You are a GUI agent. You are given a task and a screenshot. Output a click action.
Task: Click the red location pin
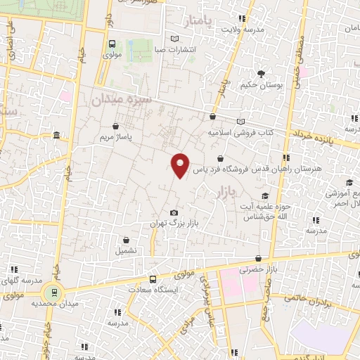click(x=181, y=164)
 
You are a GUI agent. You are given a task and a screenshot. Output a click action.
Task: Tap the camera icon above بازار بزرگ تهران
click(x=174, y=213)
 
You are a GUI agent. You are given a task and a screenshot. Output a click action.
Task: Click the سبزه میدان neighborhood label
click(x=120, y=101)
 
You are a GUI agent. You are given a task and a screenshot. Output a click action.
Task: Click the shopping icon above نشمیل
click(x=126, y=240)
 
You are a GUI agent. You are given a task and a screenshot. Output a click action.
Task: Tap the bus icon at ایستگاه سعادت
click(x=153, y=280)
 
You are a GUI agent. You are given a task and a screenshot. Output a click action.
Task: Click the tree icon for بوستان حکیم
click(x=261, y=74)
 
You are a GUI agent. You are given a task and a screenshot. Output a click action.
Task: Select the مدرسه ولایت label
click(x=243, y=30)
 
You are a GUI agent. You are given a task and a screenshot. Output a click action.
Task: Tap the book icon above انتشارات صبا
click(x=174, y=39)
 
